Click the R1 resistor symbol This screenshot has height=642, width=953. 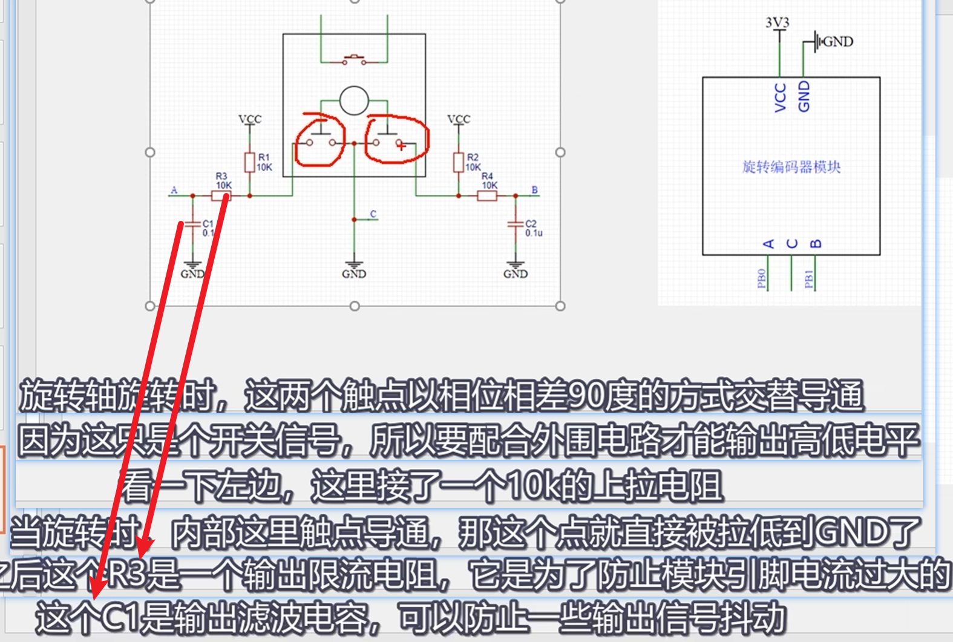pos(249,162)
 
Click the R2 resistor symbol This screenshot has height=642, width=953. pos(459,162)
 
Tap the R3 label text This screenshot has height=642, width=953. pos(221,176)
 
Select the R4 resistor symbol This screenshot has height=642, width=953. pos(487,195)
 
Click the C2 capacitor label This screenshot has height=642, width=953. pos(531,224)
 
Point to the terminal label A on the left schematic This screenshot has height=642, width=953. pos(174,190)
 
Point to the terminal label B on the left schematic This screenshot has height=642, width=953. pos(534,190)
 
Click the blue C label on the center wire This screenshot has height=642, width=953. pos(373,214)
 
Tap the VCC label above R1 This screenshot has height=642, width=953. pos(250,119)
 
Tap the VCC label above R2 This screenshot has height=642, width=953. pos(459,119)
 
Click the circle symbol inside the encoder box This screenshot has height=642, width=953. pos(354,100)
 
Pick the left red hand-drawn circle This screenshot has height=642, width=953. pos(319,140)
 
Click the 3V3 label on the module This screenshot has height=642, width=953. pos(778,23)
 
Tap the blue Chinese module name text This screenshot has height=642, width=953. pos(791,167)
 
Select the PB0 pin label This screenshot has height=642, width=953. pos(762,278)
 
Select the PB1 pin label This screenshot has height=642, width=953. pos(809,278)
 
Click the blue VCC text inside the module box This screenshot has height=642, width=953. pos(781,97)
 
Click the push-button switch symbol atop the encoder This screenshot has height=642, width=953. pos(354,59)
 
